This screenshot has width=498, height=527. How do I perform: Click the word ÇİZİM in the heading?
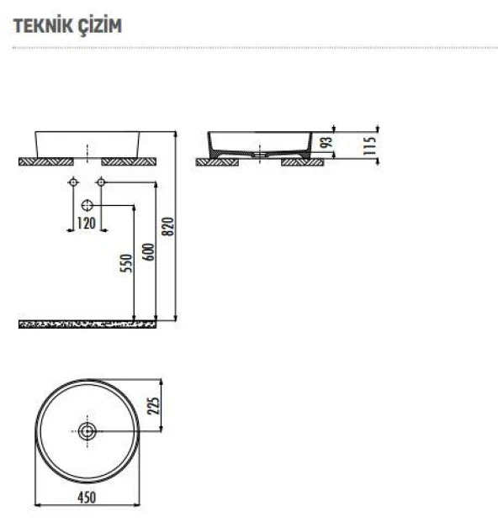click(99, 25)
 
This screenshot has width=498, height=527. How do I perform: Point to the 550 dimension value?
click(126, 263)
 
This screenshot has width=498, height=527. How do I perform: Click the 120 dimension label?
click(87, 223)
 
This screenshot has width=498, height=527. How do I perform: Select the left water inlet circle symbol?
click(73, 182)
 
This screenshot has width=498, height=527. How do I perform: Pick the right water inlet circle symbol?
click(101, 182)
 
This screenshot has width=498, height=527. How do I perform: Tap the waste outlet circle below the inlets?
click(87, 205)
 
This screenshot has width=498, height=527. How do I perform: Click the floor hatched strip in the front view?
click(87, 323)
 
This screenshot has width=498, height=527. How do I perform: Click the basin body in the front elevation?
click(87, 143)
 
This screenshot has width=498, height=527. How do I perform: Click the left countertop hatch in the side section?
click(214, 161)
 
